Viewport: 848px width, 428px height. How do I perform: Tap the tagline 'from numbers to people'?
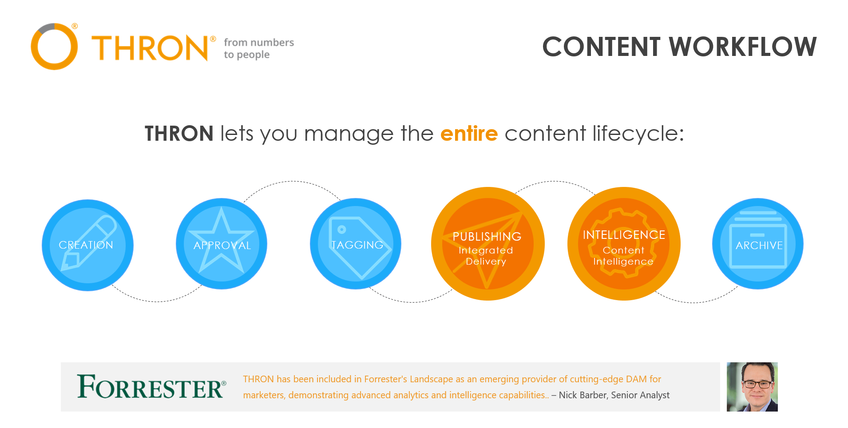(259, 48)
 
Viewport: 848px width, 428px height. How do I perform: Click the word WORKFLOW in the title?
(742, 47)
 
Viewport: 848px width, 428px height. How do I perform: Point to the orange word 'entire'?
(469, 133)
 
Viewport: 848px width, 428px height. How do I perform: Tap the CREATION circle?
(88, 245)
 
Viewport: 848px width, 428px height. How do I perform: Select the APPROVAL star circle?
(222, 244)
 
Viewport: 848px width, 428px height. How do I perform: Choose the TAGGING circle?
(356, 244)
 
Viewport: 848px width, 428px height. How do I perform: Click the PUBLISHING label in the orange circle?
(487, 237)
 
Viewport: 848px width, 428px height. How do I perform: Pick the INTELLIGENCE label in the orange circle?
(624, 235)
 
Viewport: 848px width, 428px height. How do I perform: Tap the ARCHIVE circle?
(758, 244)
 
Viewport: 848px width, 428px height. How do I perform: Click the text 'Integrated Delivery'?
(486, 256)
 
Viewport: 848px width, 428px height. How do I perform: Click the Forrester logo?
(151, 386)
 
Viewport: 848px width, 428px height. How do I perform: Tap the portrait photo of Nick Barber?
(752, 387)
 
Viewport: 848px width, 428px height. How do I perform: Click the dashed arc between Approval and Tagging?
(292, 181)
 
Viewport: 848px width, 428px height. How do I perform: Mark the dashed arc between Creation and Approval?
(156, 301)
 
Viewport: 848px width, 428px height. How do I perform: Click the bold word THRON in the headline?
(179, 134)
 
